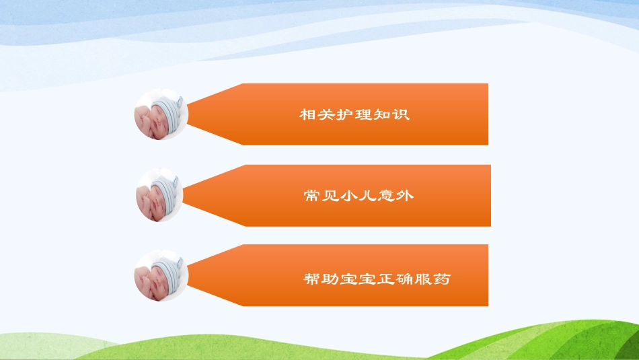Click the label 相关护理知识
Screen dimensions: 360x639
tap(354, 114)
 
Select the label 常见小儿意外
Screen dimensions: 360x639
tap(358, 196)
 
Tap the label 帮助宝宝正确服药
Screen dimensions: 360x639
tap(377, 279)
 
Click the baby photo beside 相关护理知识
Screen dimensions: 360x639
tap(161, 115)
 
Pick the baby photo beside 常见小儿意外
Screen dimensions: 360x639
tap(160, 196)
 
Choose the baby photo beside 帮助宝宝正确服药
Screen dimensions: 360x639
tap(160, 276)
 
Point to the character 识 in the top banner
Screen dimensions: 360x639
tap(402, 114)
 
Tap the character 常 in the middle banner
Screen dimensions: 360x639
tap(311, 196)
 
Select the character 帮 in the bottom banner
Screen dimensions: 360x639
tap(312, 279)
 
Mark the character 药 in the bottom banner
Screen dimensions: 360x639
tap(442, 279)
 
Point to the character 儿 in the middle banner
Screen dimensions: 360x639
tap(367, 196)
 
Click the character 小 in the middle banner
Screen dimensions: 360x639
tap(348, 196)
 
